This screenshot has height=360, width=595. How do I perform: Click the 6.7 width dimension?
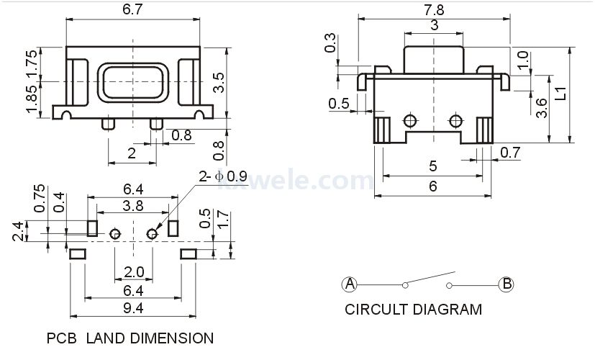[132, 9]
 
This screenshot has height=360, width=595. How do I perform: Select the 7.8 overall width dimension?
[434, 10]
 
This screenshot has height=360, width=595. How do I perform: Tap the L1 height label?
[560, 94]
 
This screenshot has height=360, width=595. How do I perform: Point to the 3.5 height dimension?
[219, 83]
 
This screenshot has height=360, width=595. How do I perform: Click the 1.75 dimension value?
[32, 63]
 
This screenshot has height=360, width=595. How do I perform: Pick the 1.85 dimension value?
[32, 99]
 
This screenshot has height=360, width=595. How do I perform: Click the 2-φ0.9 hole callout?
[223, 176]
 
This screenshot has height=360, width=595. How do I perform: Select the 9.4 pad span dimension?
[133, 308]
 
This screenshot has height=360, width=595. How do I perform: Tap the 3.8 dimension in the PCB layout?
[133, 206]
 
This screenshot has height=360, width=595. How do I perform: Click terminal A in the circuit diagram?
[350, 284]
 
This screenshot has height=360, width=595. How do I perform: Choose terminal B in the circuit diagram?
[507, 284]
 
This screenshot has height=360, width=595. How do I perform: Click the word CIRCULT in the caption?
[376, 309]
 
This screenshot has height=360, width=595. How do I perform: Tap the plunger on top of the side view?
[434, 60]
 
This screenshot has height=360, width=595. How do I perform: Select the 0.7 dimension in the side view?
[510, 153]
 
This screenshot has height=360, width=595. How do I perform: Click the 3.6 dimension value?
[542, 108]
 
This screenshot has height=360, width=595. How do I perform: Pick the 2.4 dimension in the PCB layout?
[19, 231]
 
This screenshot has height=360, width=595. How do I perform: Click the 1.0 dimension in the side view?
[523, 60]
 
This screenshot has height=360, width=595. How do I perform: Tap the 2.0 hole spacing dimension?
[134, 272]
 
